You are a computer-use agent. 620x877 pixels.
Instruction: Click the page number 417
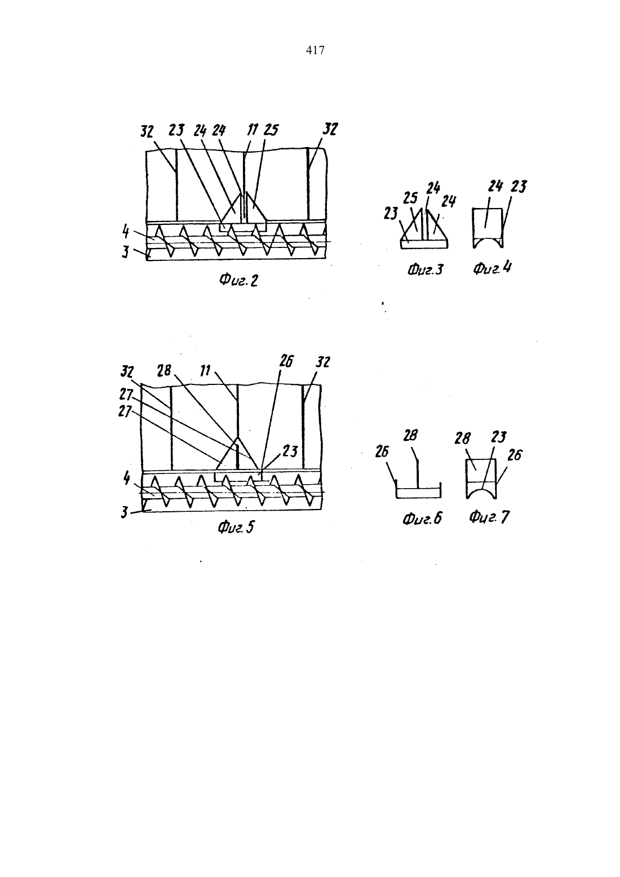(x=315, y=50)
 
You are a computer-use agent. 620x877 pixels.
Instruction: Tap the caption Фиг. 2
(x=238, y=280)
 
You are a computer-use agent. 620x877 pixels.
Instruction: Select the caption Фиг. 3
(x=426, y=270)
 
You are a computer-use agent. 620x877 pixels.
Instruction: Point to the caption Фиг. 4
(x=492, y=268)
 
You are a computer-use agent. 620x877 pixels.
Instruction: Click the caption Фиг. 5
(x=236, y=528)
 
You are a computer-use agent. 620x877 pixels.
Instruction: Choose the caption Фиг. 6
(x=422, y=519)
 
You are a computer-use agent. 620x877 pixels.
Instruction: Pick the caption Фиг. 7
(x=489, y=517)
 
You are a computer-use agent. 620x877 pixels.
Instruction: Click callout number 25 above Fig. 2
(x=271, y=130)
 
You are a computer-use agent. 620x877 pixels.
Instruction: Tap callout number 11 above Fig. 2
(x=253, y=130)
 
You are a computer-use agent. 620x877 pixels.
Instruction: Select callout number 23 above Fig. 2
(x=176, y=130)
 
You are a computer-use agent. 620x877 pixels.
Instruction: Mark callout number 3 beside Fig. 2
(x=125, y=252)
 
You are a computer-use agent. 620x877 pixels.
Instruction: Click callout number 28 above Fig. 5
(x=165, y=370)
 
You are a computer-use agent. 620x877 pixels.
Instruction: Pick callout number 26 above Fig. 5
(x=286, y=361)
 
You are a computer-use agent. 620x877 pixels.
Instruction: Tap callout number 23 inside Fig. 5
(x=290, y=451)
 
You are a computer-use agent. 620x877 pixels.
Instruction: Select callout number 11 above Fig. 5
(x=205, y=370)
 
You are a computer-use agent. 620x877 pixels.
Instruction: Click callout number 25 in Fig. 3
(x=410, y=198)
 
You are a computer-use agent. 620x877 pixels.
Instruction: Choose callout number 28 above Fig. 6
(x=410, y=435)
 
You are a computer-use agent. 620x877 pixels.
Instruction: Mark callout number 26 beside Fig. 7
(x=515, y=455)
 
